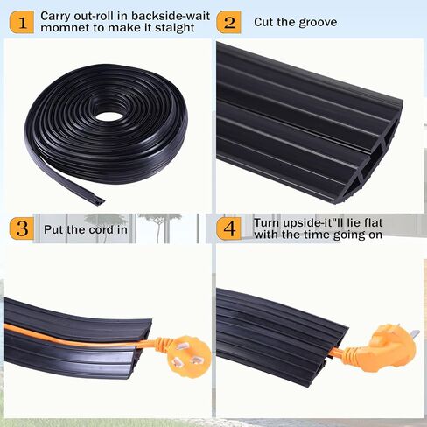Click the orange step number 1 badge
21,23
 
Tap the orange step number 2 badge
228,22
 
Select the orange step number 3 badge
21,229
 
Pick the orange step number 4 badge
229,230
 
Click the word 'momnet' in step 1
62,29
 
